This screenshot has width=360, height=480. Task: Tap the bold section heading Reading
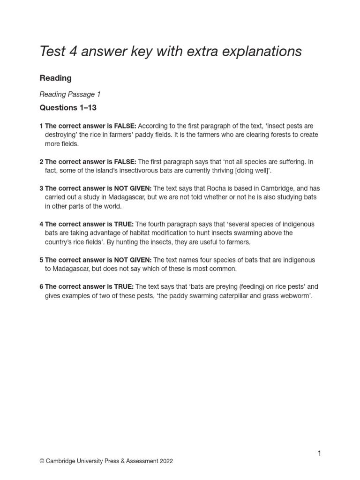[55, 78]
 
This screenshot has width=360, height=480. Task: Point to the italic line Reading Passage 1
[70, 94]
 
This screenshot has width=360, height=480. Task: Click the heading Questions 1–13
[68, 108]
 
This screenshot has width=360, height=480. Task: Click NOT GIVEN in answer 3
[133, 188]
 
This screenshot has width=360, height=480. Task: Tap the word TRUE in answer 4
[124, 224]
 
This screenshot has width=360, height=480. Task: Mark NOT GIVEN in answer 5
[133, 260]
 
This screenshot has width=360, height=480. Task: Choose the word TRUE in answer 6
[124, 286]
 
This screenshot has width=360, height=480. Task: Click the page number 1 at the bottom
[319, 453]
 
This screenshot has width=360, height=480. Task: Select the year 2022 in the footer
[165, 461]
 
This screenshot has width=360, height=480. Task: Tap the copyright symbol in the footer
[42, 461]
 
